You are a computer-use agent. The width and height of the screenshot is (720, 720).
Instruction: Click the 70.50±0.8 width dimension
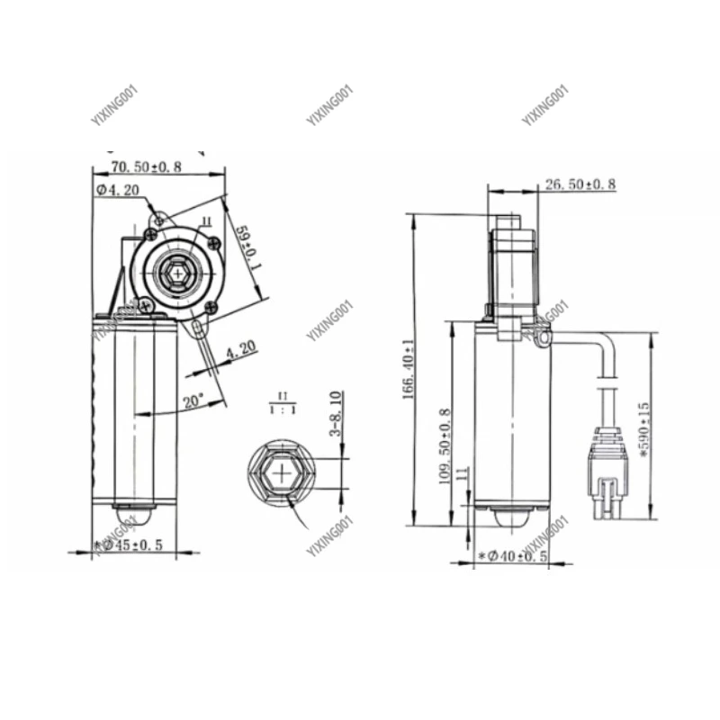click(x=147, y=166)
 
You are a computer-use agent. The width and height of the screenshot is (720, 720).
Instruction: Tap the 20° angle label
click(x=193, y=400)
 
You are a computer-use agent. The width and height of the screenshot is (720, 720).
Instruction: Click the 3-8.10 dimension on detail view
click(x=335, y=413)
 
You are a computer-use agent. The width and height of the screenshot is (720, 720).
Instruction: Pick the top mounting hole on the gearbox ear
click(x=160, y=218)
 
